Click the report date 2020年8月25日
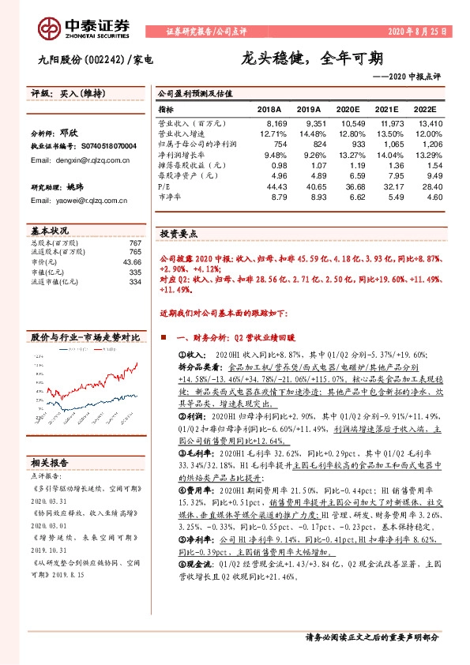pyautogui.click(x=416, y=32)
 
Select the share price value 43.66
pyautogui.click(x=132, y=261)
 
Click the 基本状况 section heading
pyautogui.click(x=50, y=231)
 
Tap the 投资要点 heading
pyautogui.click(x=179, y=235)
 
